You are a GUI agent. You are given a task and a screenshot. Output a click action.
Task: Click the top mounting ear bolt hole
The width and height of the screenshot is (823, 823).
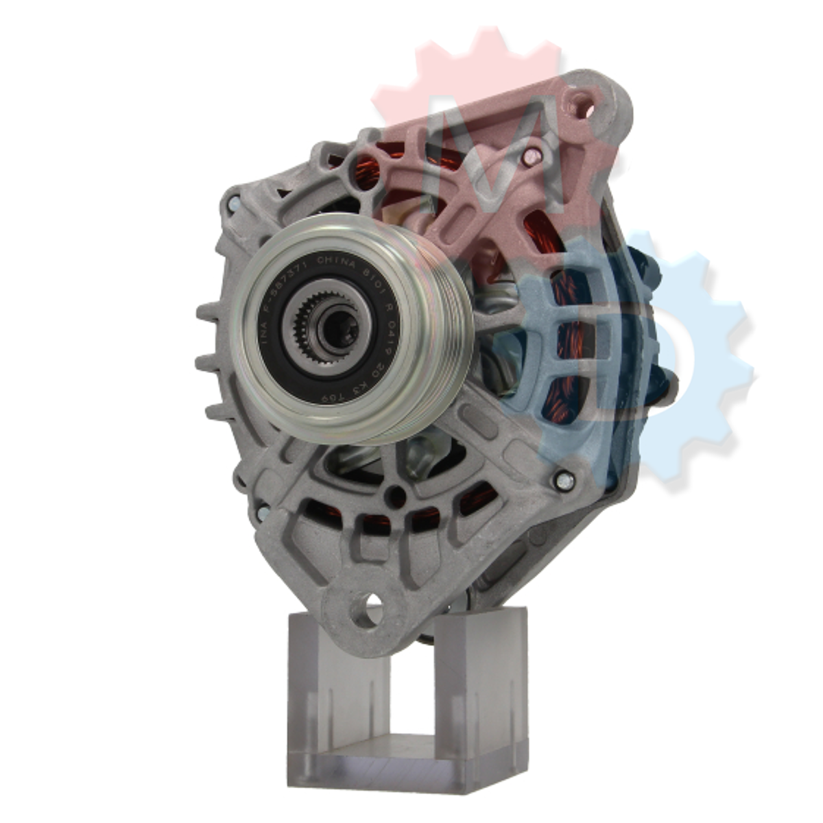point(584,102)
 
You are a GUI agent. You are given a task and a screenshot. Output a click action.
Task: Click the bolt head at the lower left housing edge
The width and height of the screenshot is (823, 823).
point(261,512)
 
